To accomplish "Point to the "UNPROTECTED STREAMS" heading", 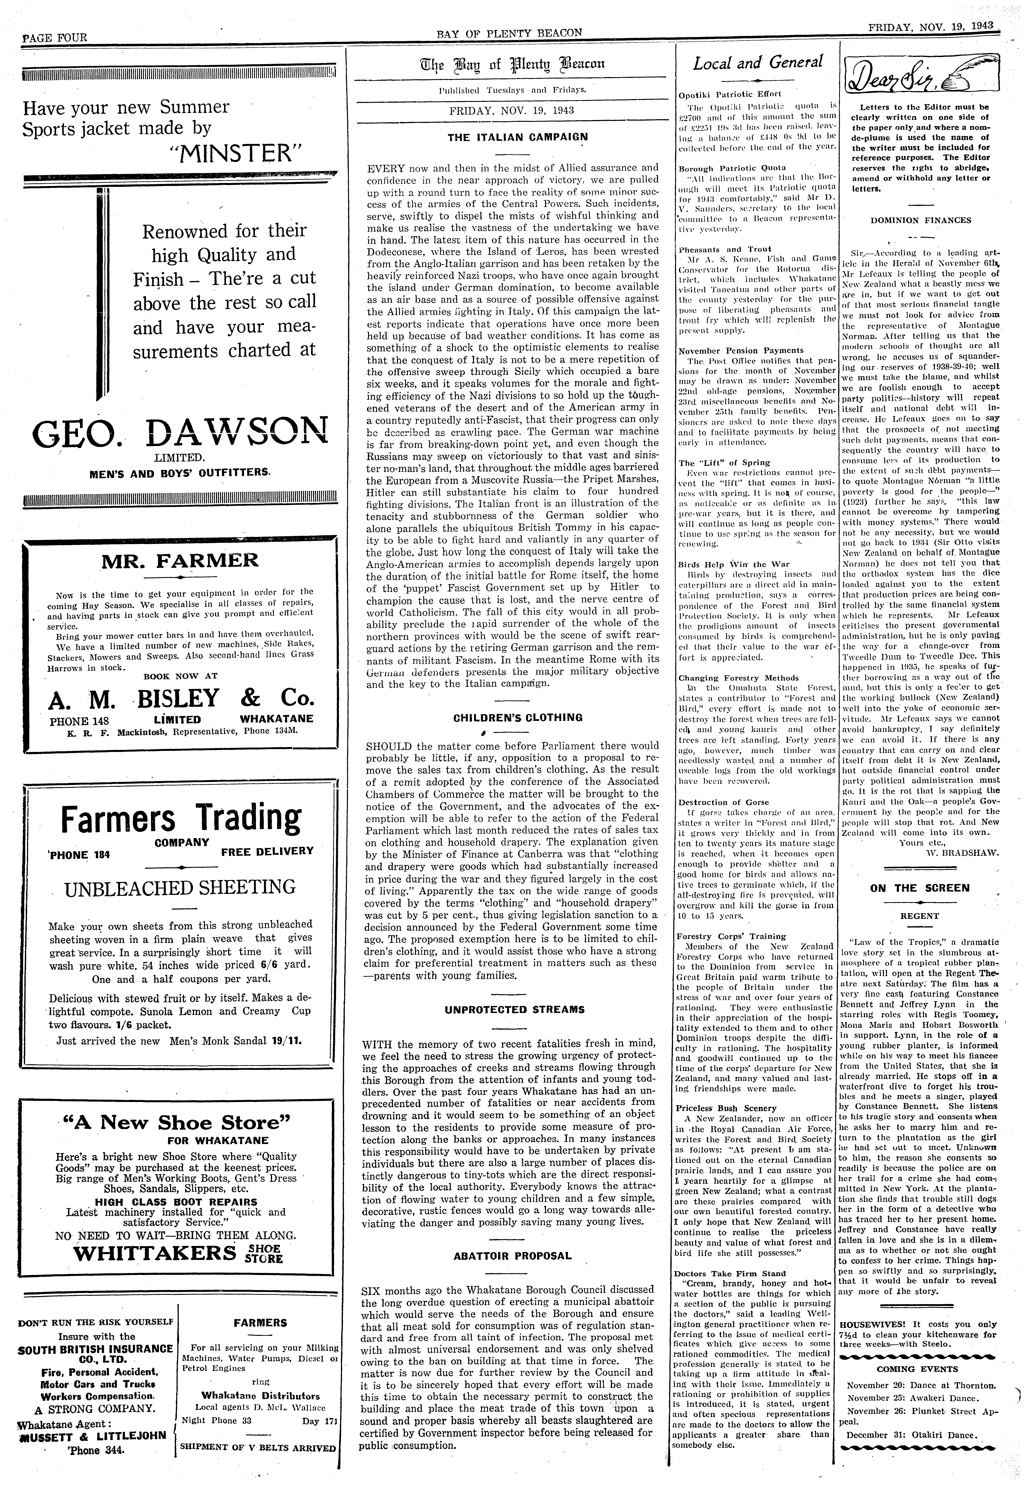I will point(514,1009).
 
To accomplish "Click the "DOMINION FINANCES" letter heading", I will point(921,220).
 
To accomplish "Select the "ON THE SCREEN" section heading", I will point(919,888).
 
